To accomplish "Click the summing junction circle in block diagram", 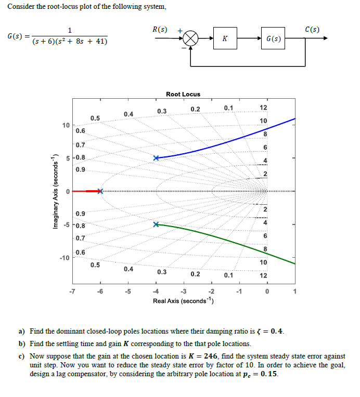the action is [x=192, y=38].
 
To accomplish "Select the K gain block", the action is [x=224, y=38].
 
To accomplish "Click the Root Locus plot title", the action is [x=183, y=94].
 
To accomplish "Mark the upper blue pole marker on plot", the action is [x=156, y=158].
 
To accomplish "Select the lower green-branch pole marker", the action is [x=156, y=224].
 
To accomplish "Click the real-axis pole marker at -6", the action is [x=101, y=191].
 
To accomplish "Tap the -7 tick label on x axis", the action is [x=72, y=292].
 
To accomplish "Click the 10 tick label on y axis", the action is [x=66, y=125].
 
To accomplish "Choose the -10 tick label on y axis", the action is [x=64, y=258].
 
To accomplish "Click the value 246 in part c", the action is [x=201, y=356].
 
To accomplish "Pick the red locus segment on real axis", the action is [x=86, y=191].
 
